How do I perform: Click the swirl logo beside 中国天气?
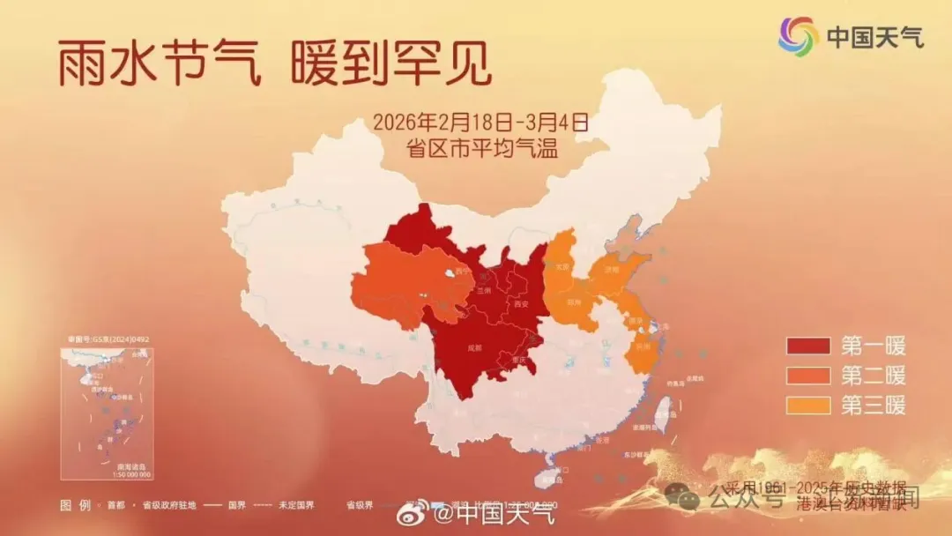(x=798, y=35)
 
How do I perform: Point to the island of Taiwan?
(x=662, y=411)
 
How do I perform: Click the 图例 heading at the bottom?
(x=75, y=505)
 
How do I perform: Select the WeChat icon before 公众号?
(x=682, y=497)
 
